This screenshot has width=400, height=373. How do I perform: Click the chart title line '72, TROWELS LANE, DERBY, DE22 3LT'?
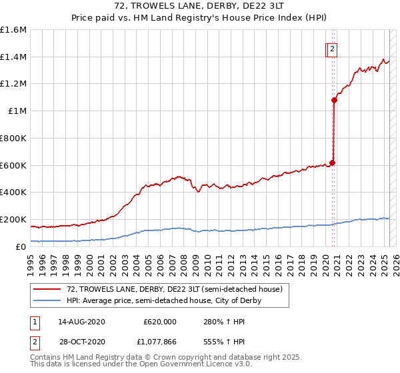click(x=199, y=6)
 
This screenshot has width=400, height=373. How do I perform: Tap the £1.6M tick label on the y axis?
click(x=13, y=30)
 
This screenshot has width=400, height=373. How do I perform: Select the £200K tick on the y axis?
click(x=13, y=219)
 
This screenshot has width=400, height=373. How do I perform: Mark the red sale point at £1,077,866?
click(x=334, y=101)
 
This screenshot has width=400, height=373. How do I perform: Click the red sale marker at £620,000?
click(x=332, y=163)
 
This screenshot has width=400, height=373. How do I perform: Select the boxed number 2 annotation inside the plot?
click(x=331, y=48)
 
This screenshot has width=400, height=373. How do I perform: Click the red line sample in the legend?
click(x=47, y=289)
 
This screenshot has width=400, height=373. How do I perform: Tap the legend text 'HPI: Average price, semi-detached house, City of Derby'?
click(x=164, y=300)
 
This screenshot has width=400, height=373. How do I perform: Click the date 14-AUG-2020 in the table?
click(x=82, y=321)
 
